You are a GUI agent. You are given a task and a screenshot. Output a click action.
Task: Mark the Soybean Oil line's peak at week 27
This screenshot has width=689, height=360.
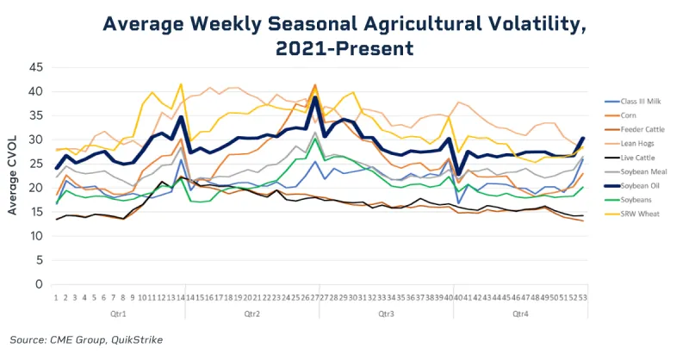point(315,97)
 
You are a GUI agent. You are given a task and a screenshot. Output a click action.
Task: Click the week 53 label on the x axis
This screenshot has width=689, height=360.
point(583,297)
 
